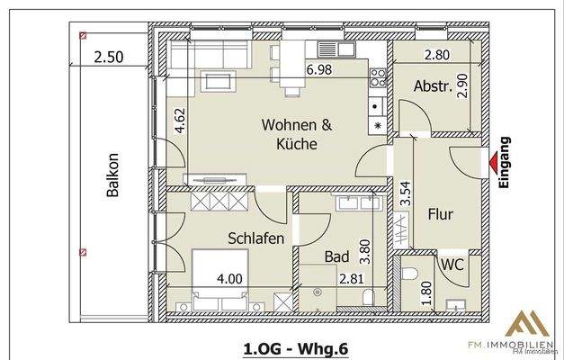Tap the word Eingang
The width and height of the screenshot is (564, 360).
[505, 162]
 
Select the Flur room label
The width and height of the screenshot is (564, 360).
[439, 215]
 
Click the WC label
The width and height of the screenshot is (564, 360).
[452, 265]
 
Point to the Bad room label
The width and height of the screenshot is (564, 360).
[336, 257]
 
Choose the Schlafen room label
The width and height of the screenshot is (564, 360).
[256, 238]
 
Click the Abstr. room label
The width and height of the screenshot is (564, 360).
[432, 87]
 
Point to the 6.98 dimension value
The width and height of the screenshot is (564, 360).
[321, 69]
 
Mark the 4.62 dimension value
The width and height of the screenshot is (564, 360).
[180, 119]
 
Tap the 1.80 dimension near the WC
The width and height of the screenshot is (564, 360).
[425, 293]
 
